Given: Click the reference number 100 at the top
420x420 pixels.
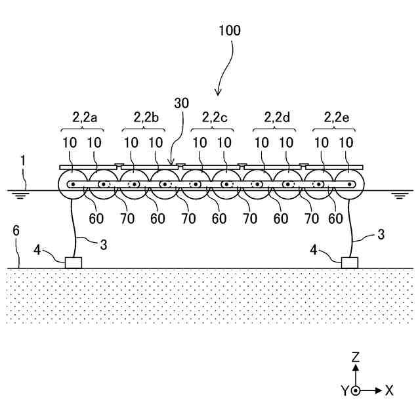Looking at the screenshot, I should (x=230, y=30).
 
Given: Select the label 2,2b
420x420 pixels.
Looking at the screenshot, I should (x=146, y=118).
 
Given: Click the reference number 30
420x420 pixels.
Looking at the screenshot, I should (x=181, y=103).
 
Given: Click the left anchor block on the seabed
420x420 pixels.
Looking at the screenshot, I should (x=73, y=262).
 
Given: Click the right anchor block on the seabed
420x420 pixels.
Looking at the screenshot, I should (x=350, y=262).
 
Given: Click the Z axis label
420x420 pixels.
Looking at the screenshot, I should (x=355, y=357).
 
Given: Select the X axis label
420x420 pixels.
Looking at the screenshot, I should (x=389, y=390).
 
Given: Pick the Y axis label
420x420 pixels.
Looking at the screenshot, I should (x=343, y=390).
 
